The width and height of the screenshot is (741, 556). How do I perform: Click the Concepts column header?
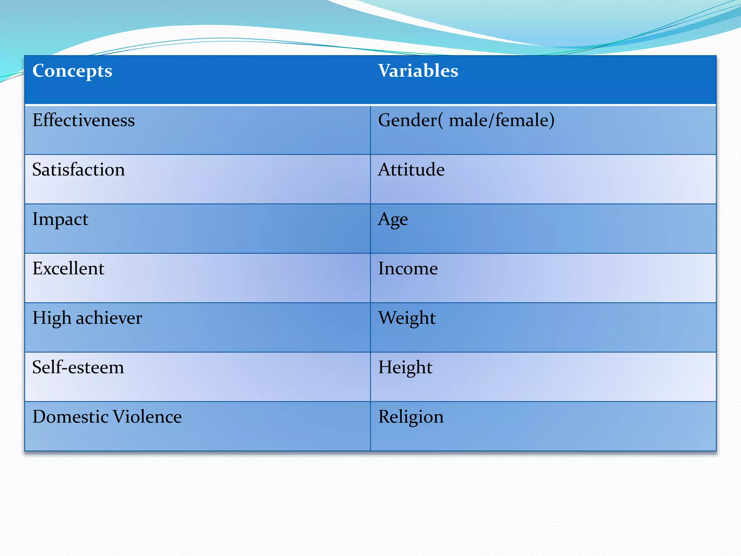[x=72, y=71]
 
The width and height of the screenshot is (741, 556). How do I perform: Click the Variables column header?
[x=418, y=71]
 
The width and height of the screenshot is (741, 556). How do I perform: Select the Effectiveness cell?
[x=84, y=120]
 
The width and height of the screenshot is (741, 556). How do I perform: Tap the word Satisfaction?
[x=79, y=170]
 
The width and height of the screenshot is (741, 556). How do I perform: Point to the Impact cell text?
[x=60, y=219]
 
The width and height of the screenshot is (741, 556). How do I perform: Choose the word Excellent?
[x=68, y=269]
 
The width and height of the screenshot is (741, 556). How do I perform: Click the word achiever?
[x=109, y=318]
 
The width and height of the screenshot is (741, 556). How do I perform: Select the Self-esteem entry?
[x=78, y=367]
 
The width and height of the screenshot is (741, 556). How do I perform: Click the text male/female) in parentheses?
[x=501, y=120]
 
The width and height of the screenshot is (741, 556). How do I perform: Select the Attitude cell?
[x=411, y=170]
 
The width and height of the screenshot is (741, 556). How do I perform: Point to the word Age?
[x=393, y=220]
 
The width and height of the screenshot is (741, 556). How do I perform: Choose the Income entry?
[x=408, y=269]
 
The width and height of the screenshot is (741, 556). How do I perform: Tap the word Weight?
[x=407, y=319]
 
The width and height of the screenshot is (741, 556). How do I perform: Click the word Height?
[x=405, y=368]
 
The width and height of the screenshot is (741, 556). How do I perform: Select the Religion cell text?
[x=411, y=417]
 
